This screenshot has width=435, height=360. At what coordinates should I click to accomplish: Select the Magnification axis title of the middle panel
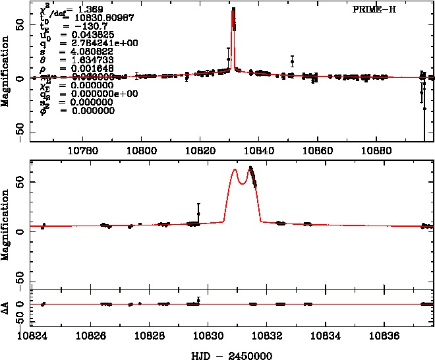[x=6, y=225]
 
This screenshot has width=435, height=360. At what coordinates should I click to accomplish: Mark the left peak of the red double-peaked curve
[x=235, y=170]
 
